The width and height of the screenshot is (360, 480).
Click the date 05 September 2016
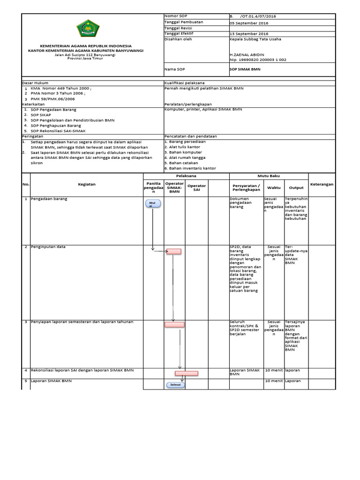[248, 22]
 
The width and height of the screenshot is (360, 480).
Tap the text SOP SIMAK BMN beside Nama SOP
[245, 68]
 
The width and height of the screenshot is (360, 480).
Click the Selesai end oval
[175, 385]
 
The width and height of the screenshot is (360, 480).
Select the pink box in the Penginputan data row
[174, 251]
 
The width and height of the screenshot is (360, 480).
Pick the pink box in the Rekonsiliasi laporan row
[187, 374]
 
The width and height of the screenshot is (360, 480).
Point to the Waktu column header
[273, 187]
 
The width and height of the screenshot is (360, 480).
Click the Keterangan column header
[322, 184]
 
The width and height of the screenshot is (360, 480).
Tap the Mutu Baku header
[269, 175]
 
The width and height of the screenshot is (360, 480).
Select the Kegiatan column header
[87, 184]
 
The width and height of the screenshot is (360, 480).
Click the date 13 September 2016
[248, 34]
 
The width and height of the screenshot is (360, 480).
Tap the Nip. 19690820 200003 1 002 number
[258, 60]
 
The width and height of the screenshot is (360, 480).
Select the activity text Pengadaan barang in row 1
[49, 199]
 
